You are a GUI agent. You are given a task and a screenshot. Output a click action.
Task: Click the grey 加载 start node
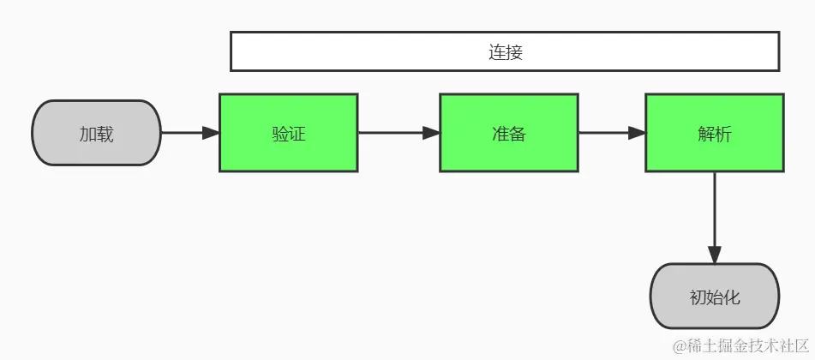96,133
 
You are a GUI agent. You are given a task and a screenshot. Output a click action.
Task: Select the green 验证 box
288,133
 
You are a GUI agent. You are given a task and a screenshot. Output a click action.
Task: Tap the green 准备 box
508,133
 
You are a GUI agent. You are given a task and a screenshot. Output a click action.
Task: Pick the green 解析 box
714,133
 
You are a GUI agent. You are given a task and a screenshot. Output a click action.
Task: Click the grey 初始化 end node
714,297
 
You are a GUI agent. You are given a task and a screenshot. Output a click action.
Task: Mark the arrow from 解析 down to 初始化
714,214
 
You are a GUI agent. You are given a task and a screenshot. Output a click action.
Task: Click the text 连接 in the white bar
506,51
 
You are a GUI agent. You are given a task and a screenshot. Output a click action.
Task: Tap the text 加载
96,134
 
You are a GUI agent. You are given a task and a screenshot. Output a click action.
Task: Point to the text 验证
288,134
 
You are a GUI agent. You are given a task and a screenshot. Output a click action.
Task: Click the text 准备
508,134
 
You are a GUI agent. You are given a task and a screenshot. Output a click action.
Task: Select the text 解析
714,134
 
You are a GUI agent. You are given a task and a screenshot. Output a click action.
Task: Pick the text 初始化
714,297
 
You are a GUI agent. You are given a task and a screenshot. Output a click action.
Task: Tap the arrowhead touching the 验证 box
211,133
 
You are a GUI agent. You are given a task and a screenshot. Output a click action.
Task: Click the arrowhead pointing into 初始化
714,255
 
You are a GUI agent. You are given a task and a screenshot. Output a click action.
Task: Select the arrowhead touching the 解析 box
636,133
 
